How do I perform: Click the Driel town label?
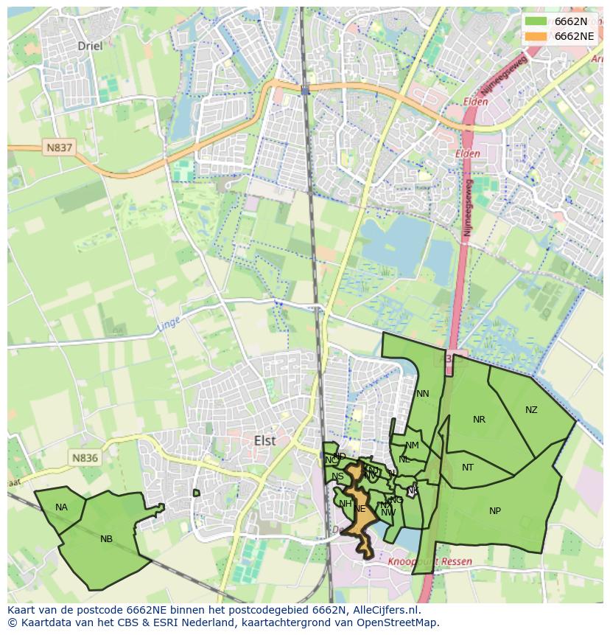(x=91, y=46)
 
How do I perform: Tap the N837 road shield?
(x=60, y=148)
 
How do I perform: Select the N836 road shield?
(x=85, y=458)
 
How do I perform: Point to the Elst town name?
(x=264, y=440)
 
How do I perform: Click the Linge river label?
(x=168, y=322)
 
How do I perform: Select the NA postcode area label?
(x=61, y=507)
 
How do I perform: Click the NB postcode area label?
(x=106, y=539)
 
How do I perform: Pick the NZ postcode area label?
(x=531, y=410)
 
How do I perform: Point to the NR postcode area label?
(x=479, y=420)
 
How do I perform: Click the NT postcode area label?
(x=468, y=468)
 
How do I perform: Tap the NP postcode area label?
(x=495, y=511)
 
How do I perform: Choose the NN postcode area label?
(x=422, y=394)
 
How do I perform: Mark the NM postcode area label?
(x=412, y=445)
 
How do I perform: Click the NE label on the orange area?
(x=360, y=509)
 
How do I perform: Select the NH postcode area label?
(x=345, y=504)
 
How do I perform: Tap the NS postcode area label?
(x=337, y=476)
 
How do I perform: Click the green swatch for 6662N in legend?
(x=536, y=21)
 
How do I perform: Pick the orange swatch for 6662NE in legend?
(x=536, y=36)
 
